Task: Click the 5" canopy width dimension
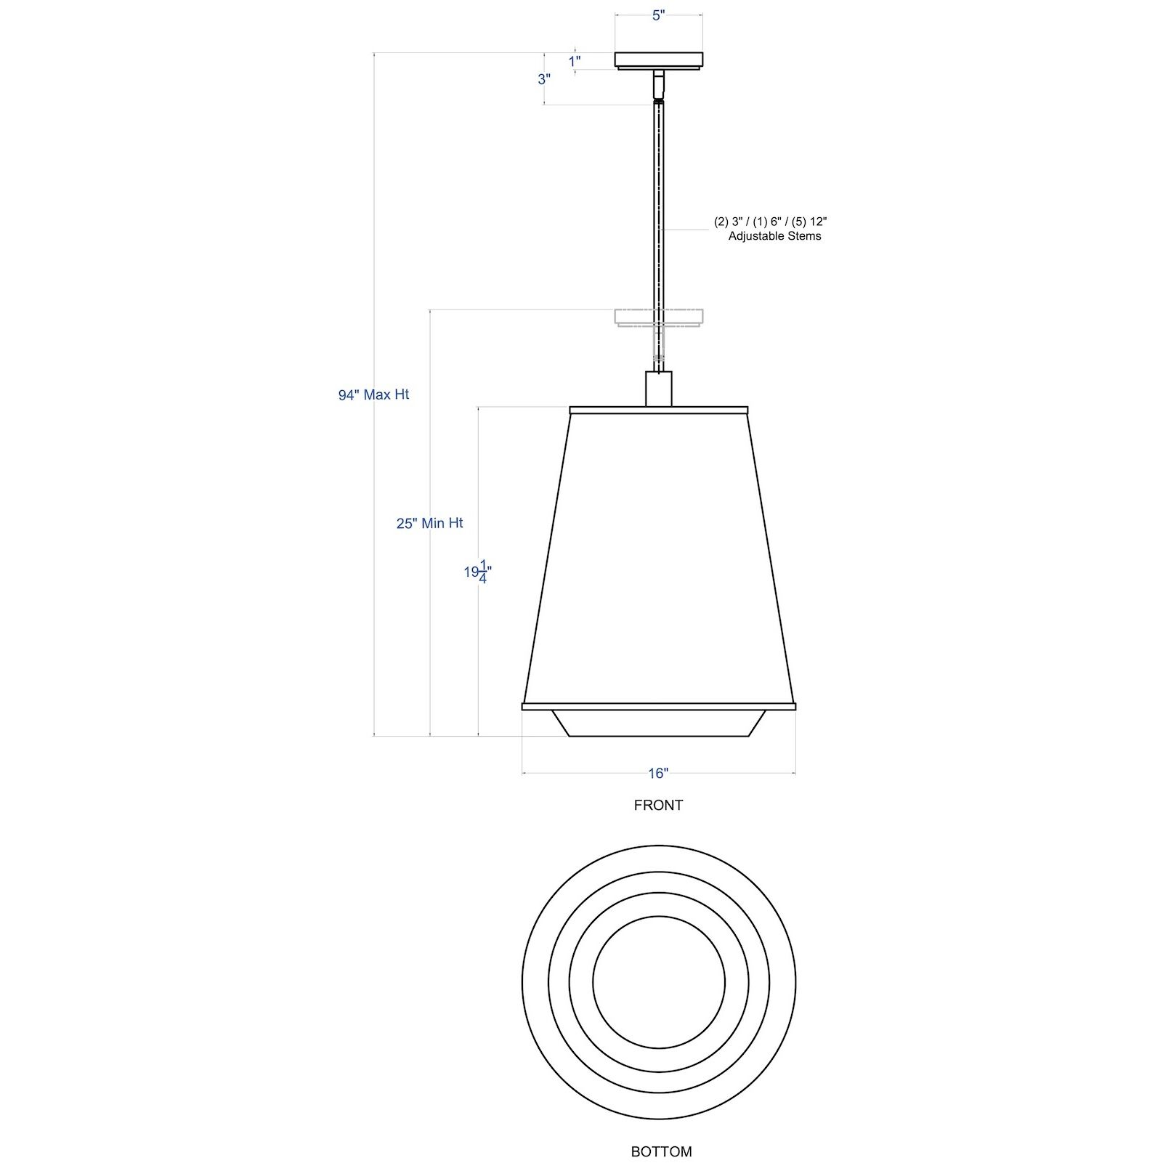click(x=658, y=16)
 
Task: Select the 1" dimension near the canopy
click(x=575, y=62)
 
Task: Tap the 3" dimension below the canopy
click(x=544, y=79)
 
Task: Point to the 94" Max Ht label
click(x=373, y=394)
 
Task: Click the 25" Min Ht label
click(x=429, y=523)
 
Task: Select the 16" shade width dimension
click(x=658, y=773)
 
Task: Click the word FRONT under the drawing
click(x=658, y=805)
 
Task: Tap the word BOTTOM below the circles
click(x=661, y=1151)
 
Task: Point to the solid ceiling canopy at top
click(x=658, y=60)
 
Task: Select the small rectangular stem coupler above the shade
click(x=659, y=389)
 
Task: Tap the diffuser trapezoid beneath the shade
click(x=658, y=724)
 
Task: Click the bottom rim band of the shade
click(x=658, y=705)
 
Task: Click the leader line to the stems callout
click(x=686, y=230)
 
